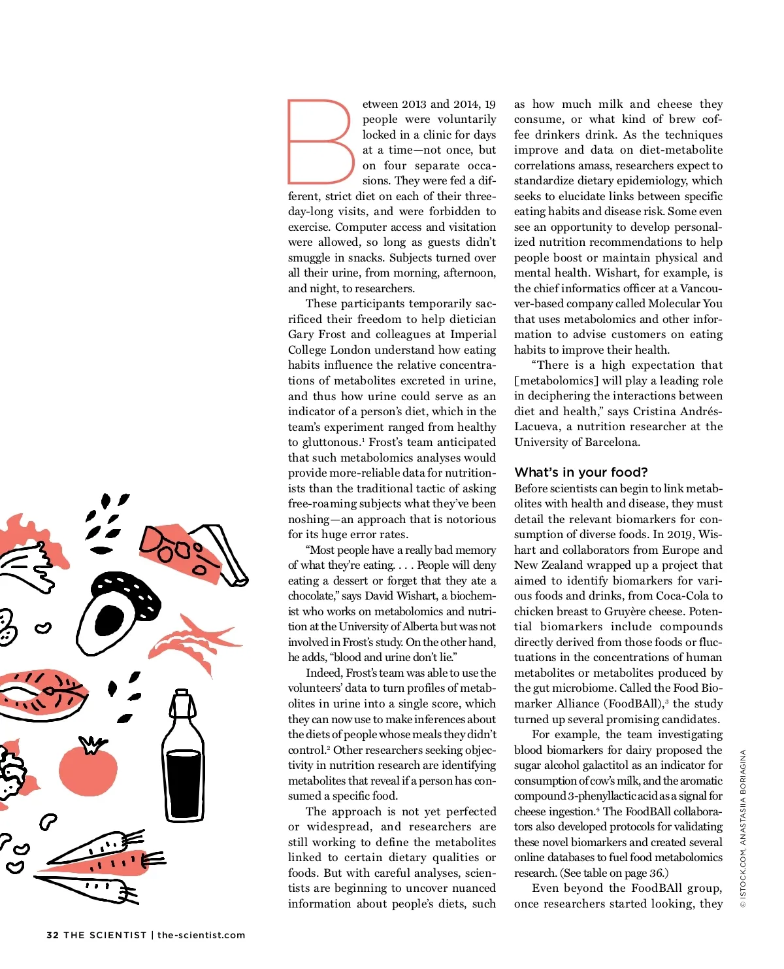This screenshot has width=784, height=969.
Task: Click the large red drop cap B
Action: click(321, 141)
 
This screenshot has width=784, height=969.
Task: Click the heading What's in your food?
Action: click(581, 472)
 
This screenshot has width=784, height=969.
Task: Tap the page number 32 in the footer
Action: click(52, 935)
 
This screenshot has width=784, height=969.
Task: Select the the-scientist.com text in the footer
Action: click(201, 935)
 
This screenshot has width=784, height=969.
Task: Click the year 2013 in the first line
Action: click(414, 104)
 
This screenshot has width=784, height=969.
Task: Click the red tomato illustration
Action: click(88, 769)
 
